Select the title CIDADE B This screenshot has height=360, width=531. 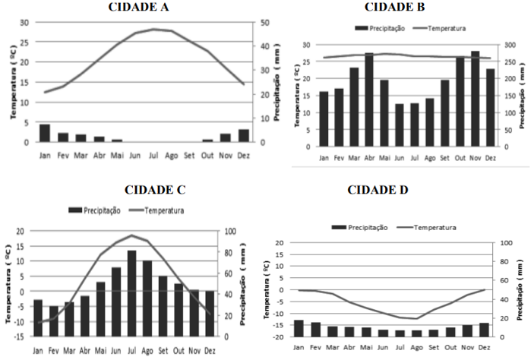(x=394, y=8)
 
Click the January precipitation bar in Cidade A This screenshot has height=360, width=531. (x=45, y=133)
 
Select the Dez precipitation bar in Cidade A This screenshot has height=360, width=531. (x=243, y=135)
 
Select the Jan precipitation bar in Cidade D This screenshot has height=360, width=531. (x=278, y=328)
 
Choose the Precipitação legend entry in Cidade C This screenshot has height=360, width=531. (x=96, y=210)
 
